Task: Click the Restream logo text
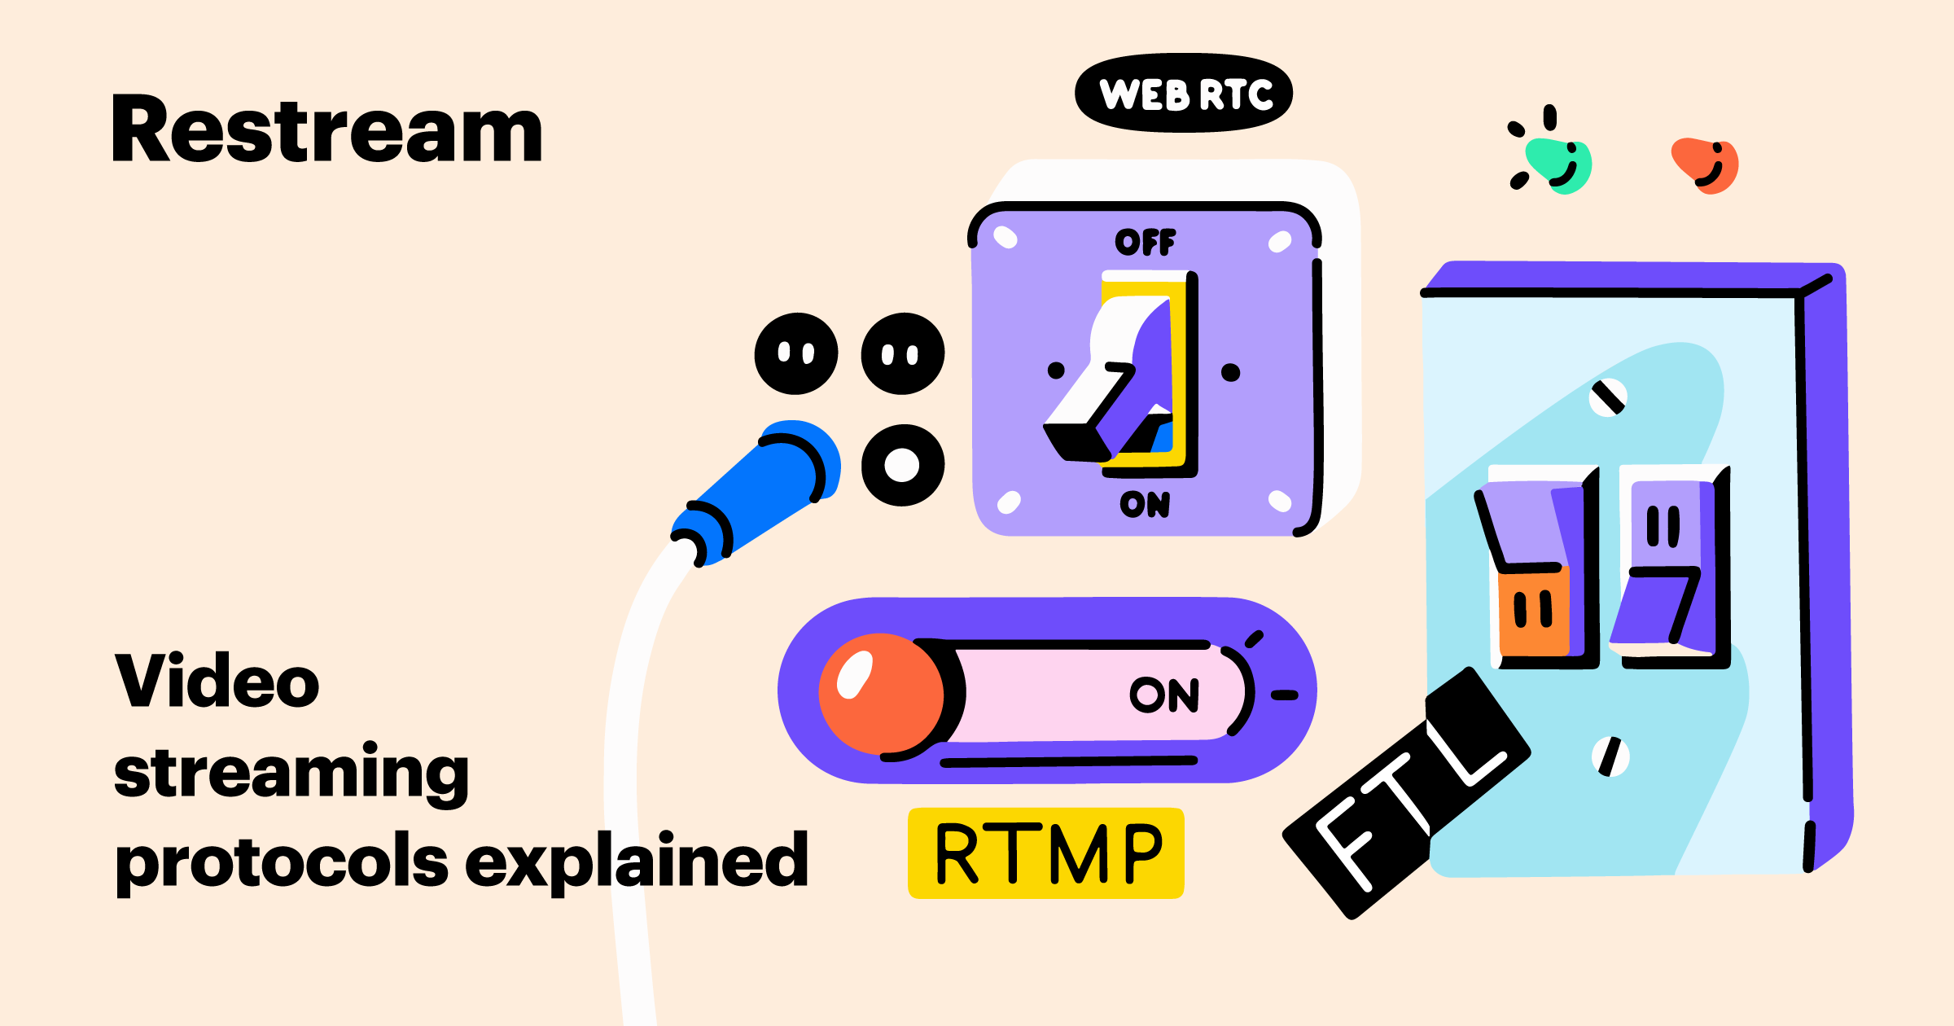[327, 130]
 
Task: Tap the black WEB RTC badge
[1184, 94]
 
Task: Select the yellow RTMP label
[1046, 853]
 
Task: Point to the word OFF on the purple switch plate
[1145, 242]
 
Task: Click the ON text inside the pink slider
[1164, 695]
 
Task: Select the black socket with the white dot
[903, 465]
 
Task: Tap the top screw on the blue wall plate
[1608, 398]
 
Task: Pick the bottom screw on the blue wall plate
[1610, 756]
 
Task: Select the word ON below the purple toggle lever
[1145, 505]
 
